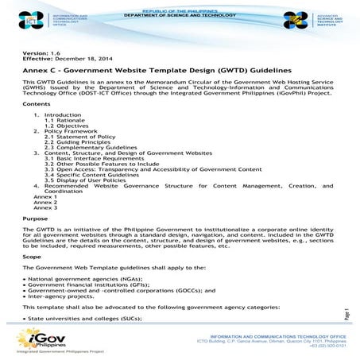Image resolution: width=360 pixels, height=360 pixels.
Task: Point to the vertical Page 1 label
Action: click(346, 315)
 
